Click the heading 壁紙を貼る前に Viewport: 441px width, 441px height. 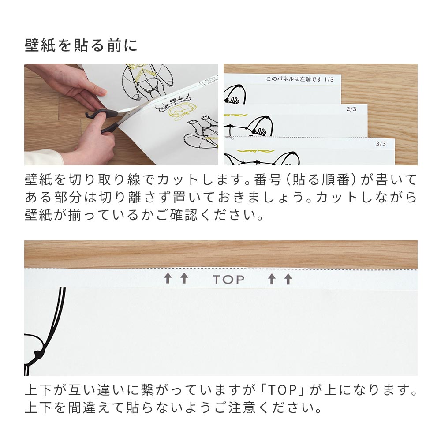81,45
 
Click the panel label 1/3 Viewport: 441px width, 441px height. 329,79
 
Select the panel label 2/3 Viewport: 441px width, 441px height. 351,109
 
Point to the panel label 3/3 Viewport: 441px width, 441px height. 380,143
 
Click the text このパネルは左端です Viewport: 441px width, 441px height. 293,79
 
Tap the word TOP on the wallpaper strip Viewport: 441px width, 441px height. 228,280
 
